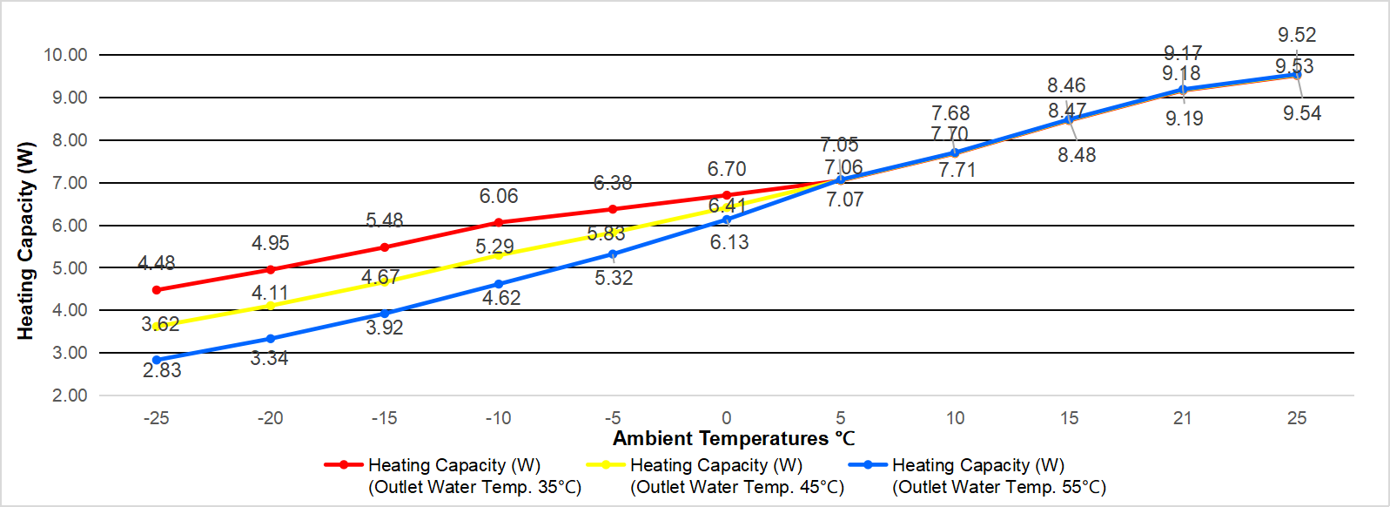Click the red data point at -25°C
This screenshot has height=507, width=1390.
tap(157, 290)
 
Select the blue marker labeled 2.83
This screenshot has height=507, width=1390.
tap(157, 360)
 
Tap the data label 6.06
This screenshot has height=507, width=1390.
tap(498, 197)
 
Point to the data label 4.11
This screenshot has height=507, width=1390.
tap(270, 293)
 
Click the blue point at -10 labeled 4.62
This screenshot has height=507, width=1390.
tap(499, 284)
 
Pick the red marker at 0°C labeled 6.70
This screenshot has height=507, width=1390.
tap(727, 195)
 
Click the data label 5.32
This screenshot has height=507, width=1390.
tap(614, 279)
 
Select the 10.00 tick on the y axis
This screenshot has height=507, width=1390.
tap(65, 55)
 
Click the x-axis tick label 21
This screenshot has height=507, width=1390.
tap(1182, 418)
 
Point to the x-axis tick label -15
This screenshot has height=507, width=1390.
tap(384, 418)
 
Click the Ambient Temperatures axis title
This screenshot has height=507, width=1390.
tap(733, 439)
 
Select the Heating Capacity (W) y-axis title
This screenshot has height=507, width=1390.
tap(26, 240)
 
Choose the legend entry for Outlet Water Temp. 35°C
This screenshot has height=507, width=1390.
tap(453, 476)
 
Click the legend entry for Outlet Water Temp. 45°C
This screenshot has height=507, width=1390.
tap(715, 476)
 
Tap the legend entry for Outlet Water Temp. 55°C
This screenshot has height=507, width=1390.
tap(977, 476)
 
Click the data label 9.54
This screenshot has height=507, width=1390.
tap(1301, 114)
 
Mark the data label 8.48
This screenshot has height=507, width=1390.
tap(1077, 156)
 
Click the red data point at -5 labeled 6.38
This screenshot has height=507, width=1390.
tap(613, 209)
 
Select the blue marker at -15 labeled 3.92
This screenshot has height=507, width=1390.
tap(385, 314)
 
